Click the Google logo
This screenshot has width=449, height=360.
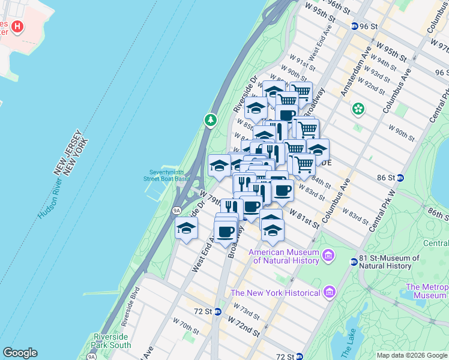click(x=20, y=353)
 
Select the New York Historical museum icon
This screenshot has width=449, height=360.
click(x=328, y=292)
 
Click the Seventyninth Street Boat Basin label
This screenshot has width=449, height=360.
click(x=166, y=174)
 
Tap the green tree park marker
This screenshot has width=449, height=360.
click(x=210, y=121)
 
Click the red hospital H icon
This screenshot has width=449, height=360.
click(x=17, y=27)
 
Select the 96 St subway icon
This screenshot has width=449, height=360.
click(x=355, y=26)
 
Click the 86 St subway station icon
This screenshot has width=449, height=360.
click(x=400, y=178)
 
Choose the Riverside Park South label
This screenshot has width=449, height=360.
click(x=112, y=341)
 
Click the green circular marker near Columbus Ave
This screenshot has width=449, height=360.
click(x=358, y=109)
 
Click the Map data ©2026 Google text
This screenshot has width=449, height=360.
click(x=411, y=355)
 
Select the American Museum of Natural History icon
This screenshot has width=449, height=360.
click(x=328, y=256)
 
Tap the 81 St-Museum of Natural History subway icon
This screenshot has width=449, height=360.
click(x=354, y=261)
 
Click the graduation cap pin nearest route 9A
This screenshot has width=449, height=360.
click(x=187, y=229)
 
